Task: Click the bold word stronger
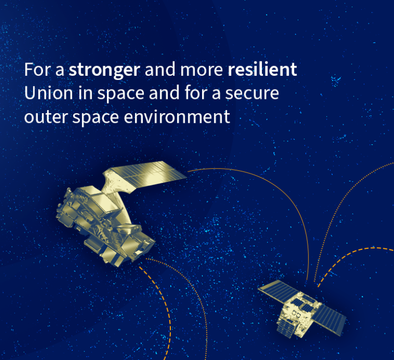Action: click(x=104, y=70)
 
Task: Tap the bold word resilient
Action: click(x=262, y=69)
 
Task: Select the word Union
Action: click(x=49, y=93)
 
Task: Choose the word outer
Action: click(x=46, y=117)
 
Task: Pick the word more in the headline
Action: click(x=202, y=70)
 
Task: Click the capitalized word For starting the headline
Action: click(x=37, y=70)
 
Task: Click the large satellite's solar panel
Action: click(x=149, y=177)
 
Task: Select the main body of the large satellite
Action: click(x=105, y=226)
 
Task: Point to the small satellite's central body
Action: click(x=299, y=315)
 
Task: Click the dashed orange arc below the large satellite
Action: click(x=164, y=302)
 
